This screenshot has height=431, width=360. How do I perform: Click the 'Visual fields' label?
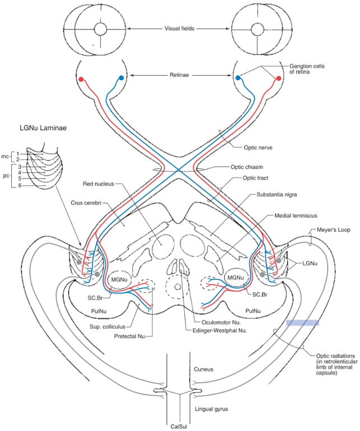[179, 27]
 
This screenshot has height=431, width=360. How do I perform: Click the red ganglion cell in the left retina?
[82, 79]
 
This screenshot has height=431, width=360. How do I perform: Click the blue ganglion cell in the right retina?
[238, 79]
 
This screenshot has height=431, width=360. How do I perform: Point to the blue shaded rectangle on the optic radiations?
[302, 323]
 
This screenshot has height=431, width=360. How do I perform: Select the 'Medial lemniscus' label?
[296, 215]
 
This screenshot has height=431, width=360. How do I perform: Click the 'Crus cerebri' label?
[85, 203]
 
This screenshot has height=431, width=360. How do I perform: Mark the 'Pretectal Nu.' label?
[128, 336]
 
